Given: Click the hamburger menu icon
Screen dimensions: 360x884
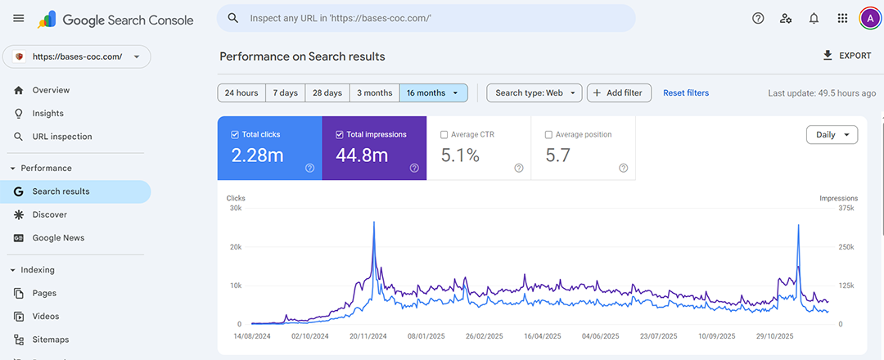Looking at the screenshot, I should [18, 18].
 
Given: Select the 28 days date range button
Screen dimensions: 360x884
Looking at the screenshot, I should [327, 92].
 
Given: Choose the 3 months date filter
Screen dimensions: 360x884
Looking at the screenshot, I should [374, 92].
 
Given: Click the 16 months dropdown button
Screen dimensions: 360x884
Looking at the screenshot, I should [433, 92].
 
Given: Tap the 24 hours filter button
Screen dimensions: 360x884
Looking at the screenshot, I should [241, 92].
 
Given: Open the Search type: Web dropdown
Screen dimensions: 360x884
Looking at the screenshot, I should [534, 92].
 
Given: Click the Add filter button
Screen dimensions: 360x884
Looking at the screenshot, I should [620, 92].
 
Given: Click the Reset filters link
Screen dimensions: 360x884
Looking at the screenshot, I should [686, 92].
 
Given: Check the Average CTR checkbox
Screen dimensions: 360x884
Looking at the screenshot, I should [444, 134].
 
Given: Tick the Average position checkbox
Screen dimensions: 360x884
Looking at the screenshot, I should [549, 134].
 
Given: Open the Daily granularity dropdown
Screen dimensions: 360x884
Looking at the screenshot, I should [832, 135].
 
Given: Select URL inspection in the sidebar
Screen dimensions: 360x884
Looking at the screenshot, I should [62, 137].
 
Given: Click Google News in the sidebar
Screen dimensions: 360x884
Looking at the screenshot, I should [58, 238].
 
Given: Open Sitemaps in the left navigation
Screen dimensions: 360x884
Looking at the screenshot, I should [51, 340].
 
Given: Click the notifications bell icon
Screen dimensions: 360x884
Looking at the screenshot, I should [814, 18].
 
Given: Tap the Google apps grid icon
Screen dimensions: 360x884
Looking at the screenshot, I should [842, 18].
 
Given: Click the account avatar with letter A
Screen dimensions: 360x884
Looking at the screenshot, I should [869, 18].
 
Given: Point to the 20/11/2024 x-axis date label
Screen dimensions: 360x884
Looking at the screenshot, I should [367, 335].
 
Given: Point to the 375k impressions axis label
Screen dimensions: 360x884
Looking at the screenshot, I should [846, 208].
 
